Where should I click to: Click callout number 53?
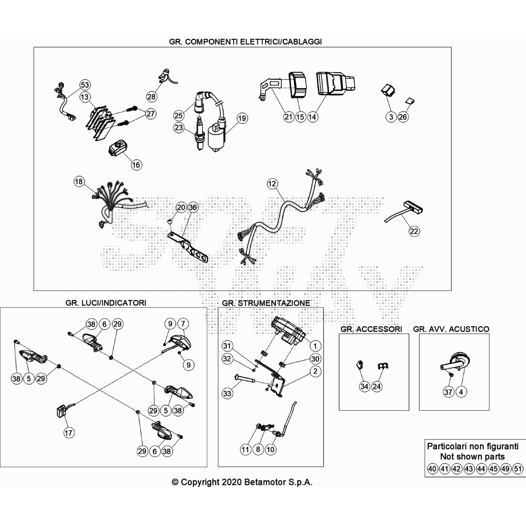85,85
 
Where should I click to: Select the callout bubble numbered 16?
136,165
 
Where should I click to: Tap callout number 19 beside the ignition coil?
242,118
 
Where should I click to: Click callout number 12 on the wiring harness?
272,183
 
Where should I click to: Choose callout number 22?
414,231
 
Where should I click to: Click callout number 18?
79,181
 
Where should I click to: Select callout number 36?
193,207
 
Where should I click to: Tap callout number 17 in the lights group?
68,433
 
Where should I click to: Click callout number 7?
183,324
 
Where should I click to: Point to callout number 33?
227,393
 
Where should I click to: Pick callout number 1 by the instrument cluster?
315,346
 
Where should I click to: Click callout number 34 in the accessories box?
364,386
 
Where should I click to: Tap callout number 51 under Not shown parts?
518,469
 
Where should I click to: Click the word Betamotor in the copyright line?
265,482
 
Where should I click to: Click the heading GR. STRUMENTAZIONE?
266,303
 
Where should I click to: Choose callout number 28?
151,97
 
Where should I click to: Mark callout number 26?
403,117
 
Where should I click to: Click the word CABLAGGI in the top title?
302,42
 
